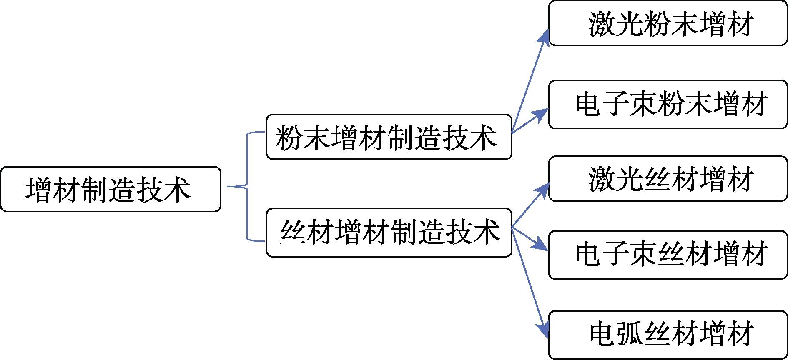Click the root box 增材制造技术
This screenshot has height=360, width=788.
tap(110, 189)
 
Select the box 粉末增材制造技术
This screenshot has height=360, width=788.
tap(389, 137)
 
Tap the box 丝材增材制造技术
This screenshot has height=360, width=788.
tap(389, 232)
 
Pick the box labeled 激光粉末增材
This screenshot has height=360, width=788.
tap(668, 23)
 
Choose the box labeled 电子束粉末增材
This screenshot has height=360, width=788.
tap(668, 105)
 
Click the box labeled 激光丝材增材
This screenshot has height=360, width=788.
tap(668, 179)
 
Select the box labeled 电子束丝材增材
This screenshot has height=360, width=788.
tap(668, 255)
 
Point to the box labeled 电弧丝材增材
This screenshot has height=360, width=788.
tap(668, 334)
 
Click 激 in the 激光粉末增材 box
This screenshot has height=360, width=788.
tap(602, 24)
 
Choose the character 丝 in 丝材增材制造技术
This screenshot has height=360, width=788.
tap(293, 232)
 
